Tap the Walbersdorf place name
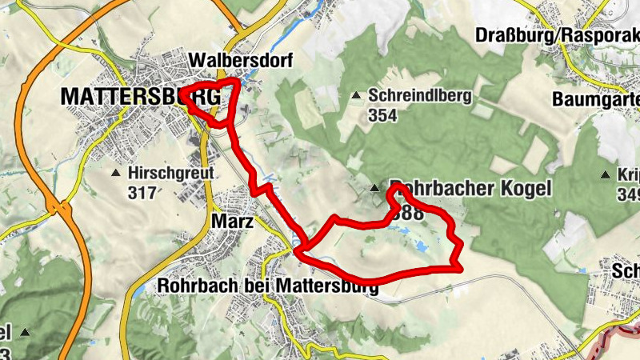(x=242, y=61)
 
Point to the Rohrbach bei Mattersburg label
(x=268, y=285)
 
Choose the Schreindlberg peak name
(x=420, y=95)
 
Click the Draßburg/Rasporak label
(x=556, y=35)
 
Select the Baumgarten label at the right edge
(x=596, y=100)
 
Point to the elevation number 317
(x=142, y=192)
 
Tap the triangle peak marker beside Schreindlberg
(x=356, y=96)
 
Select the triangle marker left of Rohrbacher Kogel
(x=374, y=189)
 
